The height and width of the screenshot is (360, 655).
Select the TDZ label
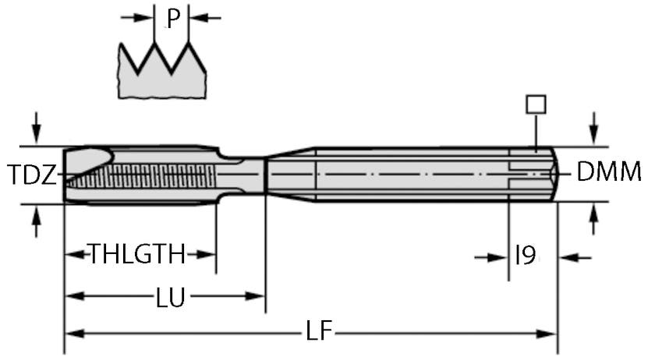coord(32,175)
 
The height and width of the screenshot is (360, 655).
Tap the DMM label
coord(608,172)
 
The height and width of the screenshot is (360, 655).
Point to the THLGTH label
coord(137,255)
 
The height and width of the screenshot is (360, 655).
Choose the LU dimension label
coord(170,297)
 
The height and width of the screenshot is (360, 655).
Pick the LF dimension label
coord(318,334)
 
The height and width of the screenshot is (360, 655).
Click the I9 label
coord(525,255)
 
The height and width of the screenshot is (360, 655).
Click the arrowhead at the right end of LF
coord(550,334)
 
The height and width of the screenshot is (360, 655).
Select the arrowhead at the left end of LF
coord(72,334)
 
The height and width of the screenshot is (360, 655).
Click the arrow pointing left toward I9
coord(568,256)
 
